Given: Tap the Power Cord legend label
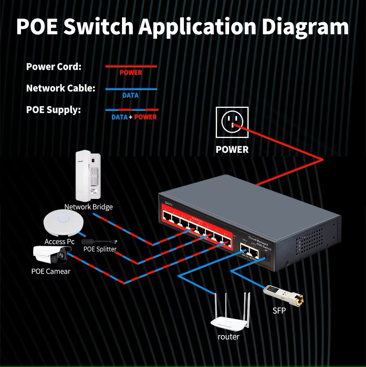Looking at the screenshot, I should coord(54,67).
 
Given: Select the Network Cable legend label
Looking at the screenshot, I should coord(61,88).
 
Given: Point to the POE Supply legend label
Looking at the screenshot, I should coord(53,110).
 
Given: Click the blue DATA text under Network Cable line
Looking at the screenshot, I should coord(130,95).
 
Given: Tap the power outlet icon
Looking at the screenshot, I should coord(232,122).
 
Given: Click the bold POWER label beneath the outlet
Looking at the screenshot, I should coord(232,150).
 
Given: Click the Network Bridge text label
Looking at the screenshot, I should coord(88,207).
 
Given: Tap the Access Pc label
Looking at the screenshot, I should coord(59,242).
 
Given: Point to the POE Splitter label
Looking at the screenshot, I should coord(100,249).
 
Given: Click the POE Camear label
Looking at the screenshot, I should coord(51,271).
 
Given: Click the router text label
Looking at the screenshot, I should coord(229,337).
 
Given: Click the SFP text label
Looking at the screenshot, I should coord(279,311).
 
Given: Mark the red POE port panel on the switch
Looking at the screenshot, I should coord(197,227).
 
